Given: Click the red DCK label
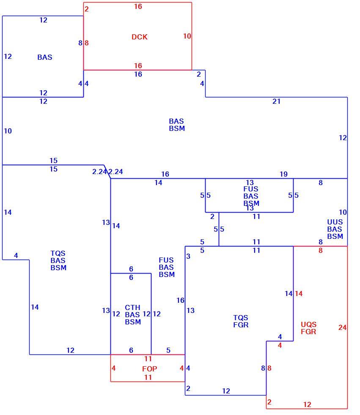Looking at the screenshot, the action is tap(140, 37).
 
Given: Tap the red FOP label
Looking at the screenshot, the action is tap(150, 369).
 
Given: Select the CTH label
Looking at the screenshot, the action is tap(132, 307).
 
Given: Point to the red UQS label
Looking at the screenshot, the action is tap(308, 324).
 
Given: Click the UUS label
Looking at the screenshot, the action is tap(335, 222).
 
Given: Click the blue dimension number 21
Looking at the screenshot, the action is tap(277, 101).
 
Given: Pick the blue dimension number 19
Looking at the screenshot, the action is tap(283, 174).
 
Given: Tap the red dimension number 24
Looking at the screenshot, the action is tap(342, 327).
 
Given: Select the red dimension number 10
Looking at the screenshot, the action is tap(187, 36).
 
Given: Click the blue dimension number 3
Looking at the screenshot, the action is tap(188, 256).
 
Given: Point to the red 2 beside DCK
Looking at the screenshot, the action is tap(86, 9).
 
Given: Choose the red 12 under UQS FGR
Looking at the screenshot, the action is tap(307, 404).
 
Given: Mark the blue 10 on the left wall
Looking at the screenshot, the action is tap(8, 131).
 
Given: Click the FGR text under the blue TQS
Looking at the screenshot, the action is tap(241, 325).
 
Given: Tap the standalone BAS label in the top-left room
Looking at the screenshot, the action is tap(45, 57).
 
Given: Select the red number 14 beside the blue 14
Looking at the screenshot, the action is tap(299, 293).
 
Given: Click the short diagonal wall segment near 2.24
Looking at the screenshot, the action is tap(107, 172).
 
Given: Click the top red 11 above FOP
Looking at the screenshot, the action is tap(148, 359).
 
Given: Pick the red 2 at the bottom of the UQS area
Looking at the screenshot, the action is tap(269, 402).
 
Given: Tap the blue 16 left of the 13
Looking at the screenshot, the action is tap(181, 300).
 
